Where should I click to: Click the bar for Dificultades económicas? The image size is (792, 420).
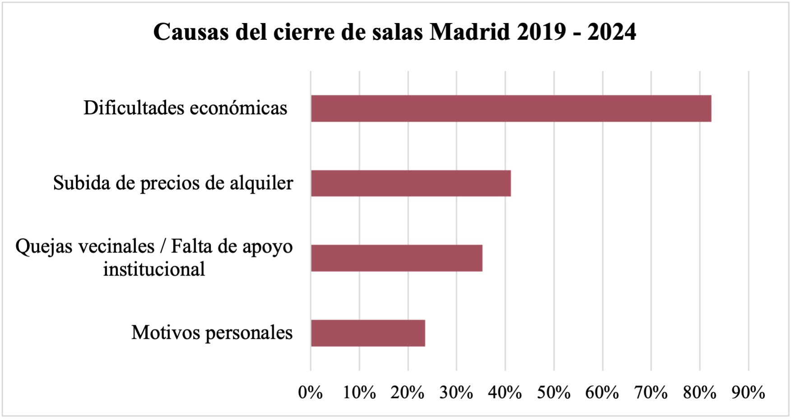tap(511, 108)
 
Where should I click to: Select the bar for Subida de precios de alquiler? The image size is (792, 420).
tap(411, 183)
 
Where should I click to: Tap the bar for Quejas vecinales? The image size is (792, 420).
tap(396, 258)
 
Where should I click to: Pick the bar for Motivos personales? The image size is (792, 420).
tap(368, 333)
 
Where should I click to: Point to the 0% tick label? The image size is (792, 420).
tap(310, 393)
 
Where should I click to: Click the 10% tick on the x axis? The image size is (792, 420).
tap(359, 393)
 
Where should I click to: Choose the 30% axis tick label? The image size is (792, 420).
tap(456, 393)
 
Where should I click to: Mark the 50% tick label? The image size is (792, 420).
tap(554, 393)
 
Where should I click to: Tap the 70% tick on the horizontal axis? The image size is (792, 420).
tap(651, 393)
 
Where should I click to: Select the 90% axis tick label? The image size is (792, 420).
tap(748, 393)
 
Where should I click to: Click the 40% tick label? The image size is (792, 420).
tap(505, 393)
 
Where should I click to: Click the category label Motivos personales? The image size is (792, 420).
tap(212, 333)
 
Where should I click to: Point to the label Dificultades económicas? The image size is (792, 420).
tap(185, 108)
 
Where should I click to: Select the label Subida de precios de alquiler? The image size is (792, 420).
tap(173, 183)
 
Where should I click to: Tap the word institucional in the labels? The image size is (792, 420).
tap(154, 270)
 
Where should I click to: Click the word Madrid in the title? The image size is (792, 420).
tap(469, 32)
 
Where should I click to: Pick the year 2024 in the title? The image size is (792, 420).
tap(611, 32)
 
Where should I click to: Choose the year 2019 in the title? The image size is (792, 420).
tap(541, 32)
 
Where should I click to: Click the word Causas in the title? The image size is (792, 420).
tap(191, 32)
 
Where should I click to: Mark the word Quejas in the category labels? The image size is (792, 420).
tap(41, 247)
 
